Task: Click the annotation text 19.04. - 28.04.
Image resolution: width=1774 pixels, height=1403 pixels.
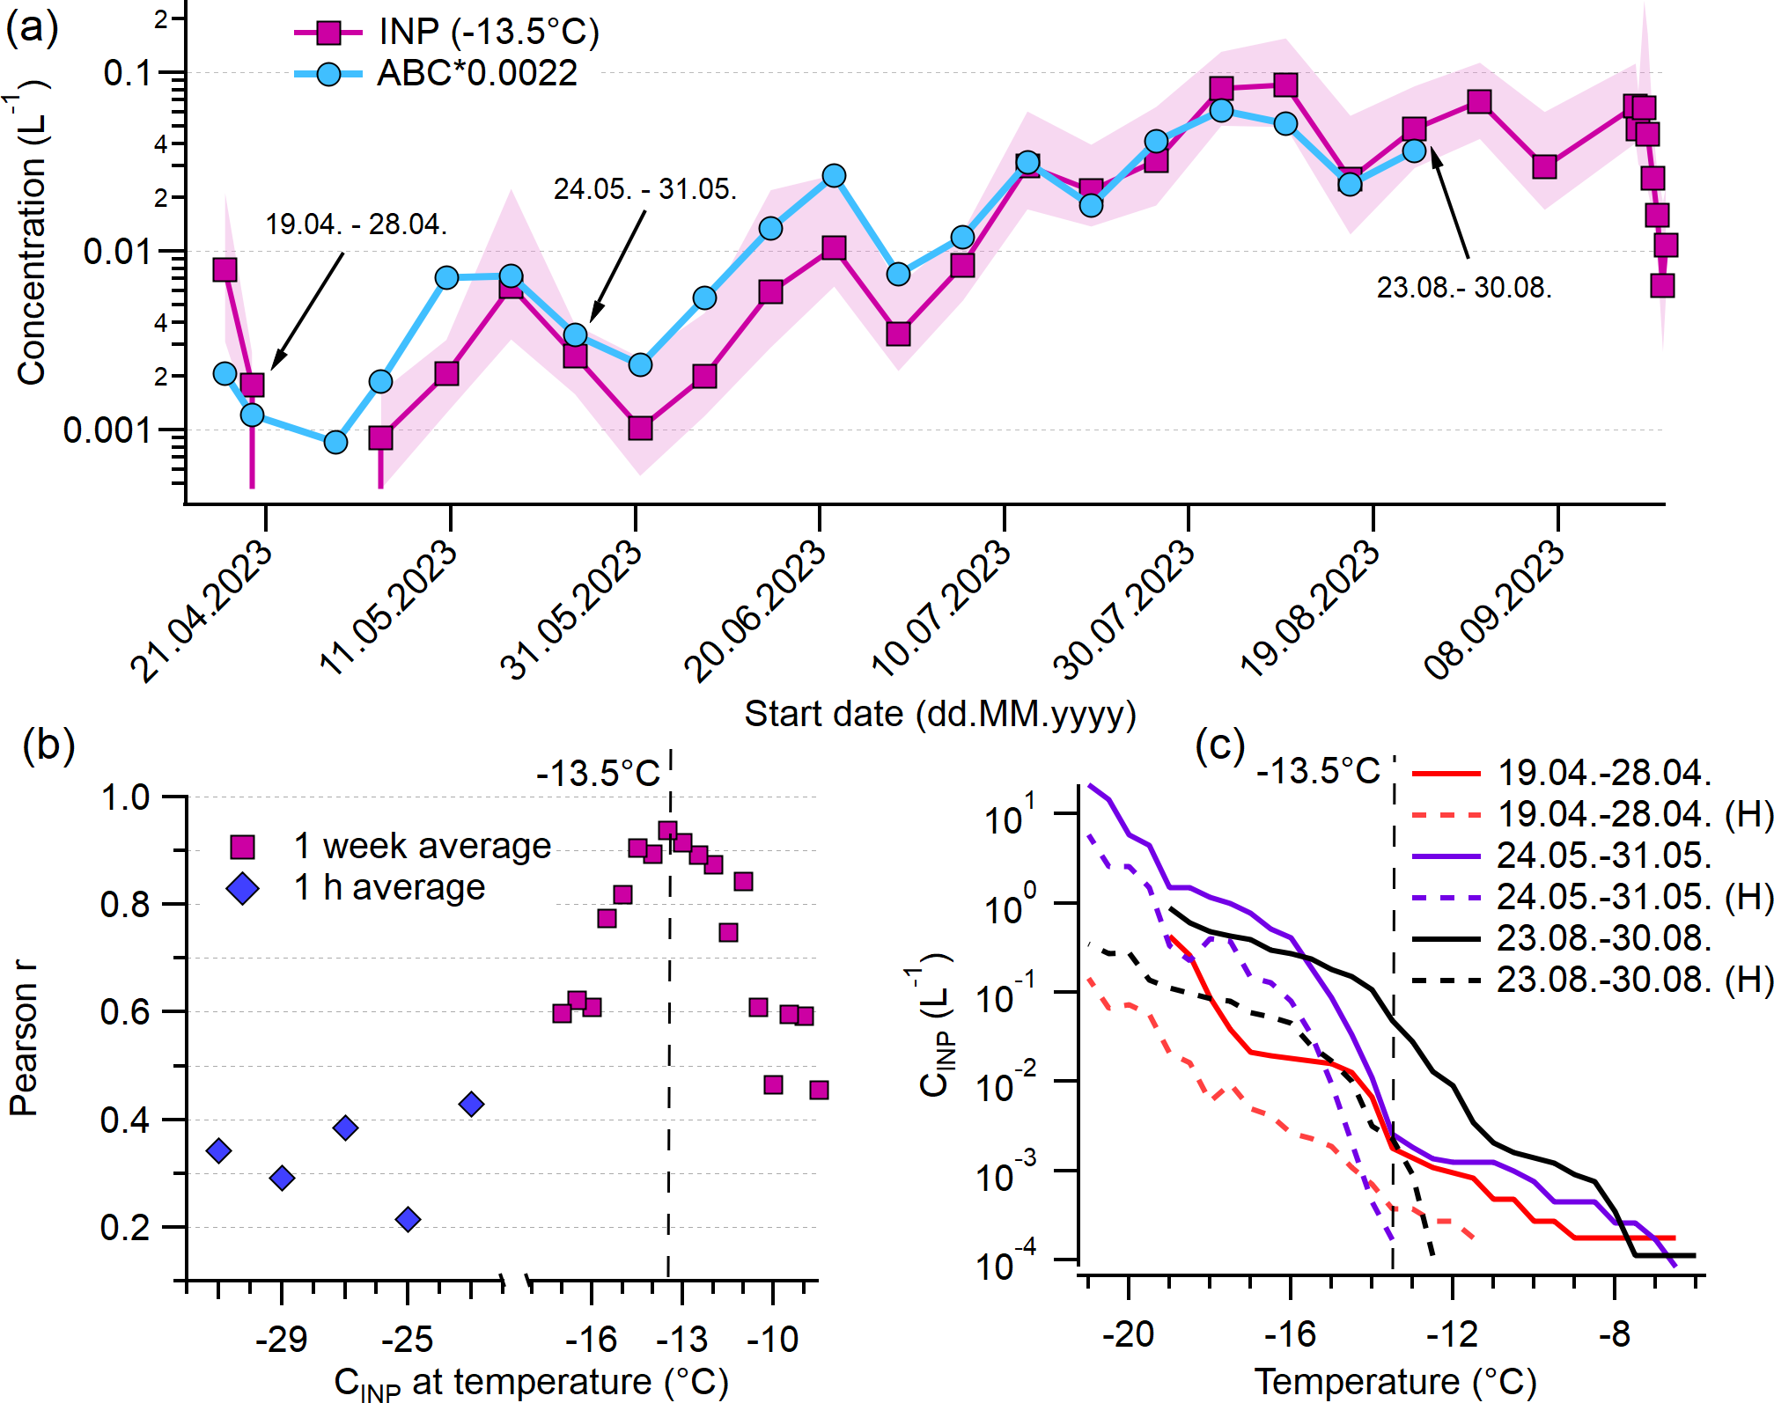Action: click(357, 224)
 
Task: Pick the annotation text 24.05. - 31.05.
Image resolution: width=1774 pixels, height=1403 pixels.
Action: click(645, 189)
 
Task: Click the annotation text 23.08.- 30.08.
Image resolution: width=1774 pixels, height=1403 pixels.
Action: click(1464, 288)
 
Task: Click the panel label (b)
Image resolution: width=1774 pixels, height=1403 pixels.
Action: click(48, 745)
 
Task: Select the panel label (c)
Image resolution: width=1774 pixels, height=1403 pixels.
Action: click(1219, 745)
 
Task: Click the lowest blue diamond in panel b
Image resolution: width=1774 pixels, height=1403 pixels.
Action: click(408, 1220)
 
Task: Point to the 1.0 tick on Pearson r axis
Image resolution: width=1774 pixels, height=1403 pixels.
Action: click(125, 797)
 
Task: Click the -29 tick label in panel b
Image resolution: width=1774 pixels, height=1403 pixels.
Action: click(281, 1339)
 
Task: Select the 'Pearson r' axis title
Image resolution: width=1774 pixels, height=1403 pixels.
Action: click(24, 1039)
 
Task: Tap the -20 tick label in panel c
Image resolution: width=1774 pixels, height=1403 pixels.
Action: click(1128, 1334)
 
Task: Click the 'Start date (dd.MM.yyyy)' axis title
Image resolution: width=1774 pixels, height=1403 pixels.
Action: click(939, 714)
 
